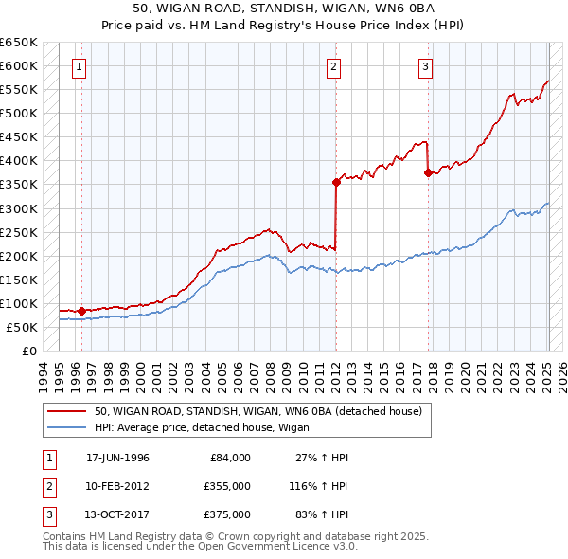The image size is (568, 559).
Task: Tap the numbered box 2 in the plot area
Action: click(x=334, y=67)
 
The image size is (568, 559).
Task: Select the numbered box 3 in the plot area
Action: click(x=426, y=67)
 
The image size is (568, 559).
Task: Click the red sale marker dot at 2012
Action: click(x=336, y=182)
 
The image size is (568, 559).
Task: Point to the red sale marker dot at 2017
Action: click(x=428, y=172)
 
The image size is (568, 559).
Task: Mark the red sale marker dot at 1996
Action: click(x=81, y=311)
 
